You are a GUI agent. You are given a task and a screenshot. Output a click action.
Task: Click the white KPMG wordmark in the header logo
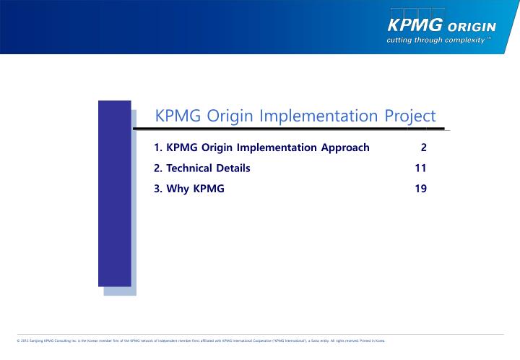415,26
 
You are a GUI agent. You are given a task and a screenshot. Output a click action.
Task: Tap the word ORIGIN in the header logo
472,27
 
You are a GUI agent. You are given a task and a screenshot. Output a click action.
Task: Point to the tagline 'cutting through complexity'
439,40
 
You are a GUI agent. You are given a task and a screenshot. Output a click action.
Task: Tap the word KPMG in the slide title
178,116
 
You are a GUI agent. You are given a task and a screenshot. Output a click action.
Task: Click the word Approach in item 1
343,147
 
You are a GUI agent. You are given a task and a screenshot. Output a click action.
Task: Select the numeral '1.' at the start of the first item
158,147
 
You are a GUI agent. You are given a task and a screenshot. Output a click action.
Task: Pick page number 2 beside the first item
423,147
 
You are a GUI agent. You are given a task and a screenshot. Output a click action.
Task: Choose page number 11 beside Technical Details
420,168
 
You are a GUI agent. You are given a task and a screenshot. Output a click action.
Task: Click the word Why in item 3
178,189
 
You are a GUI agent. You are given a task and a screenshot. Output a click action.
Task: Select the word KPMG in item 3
209,189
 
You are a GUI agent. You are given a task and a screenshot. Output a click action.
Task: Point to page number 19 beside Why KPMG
420,189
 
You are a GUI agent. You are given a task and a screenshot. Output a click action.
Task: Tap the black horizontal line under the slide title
289,130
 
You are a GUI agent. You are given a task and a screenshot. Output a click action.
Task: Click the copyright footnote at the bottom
200,340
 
